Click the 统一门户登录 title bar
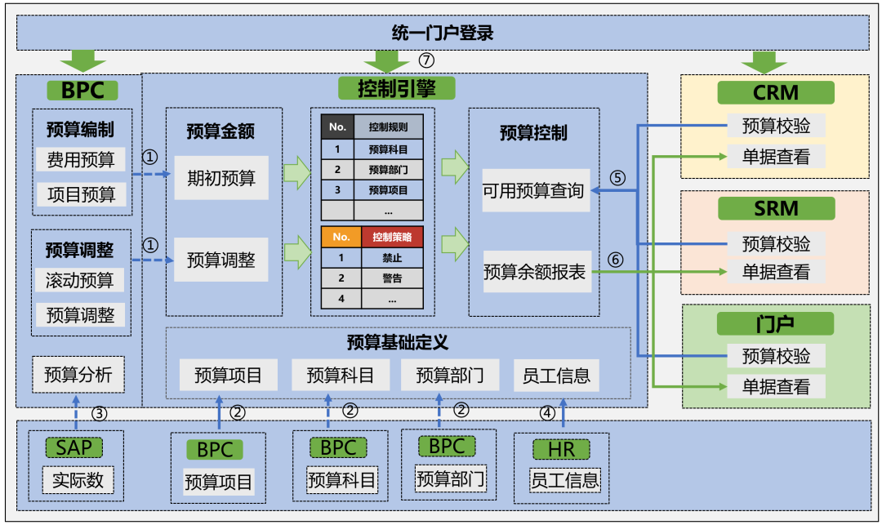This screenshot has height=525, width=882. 442,33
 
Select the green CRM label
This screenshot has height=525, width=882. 775,92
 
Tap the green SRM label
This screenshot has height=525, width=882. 775,209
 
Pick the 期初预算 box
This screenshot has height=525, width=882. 220,177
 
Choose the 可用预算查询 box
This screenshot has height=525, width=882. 535,191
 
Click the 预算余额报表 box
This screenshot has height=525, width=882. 535,271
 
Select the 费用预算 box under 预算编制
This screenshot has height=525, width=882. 80,159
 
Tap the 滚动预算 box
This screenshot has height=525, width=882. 80,280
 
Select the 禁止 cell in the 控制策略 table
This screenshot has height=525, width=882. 392,258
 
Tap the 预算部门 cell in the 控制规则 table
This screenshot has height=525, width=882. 388,170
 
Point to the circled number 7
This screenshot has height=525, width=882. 426,60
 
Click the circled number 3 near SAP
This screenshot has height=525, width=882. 99,413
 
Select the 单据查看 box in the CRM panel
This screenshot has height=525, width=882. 776,156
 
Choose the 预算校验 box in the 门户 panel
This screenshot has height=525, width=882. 776,355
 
